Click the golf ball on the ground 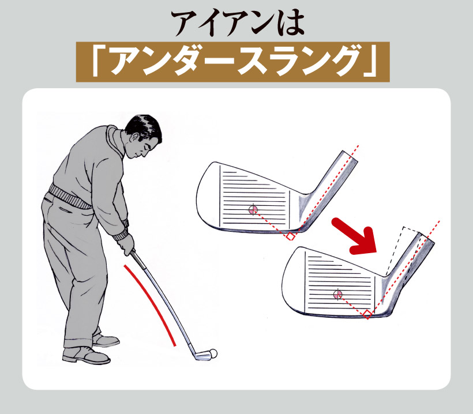(213, 353)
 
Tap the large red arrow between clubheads (357, 235)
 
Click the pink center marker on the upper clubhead (253, 209)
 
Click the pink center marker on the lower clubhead (337, 294)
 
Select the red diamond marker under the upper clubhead (291, 236)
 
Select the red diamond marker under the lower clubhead (367, 314)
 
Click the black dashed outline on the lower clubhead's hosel (401, 250)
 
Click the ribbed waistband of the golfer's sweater (70, 196)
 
